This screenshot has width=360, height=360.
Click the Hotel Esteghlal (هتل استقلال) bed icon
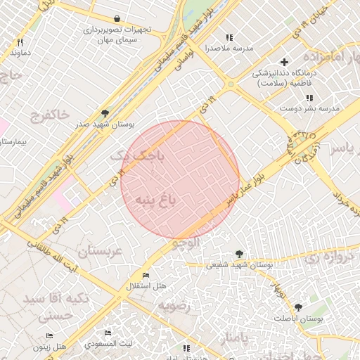[x=146, y=275]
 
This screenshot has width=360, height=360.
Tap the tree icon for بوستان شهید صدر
[x=105, y=112]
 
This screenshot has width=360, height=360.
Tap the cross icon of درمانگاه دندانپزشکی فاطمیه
[x=284, y=62]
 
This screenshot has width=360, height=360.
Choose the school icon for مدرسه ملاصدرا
[x=229, y=37]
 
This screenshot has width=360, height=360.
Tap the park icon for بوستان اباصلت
[x=299, y=307]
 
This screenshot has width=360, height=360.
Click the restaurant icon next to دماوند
[x=20, y=42]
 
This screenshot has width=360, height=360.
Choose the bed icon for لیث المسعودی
[x=108, y=333]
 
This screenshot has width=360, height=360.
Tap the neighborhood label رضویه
[x=173, y=306]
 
